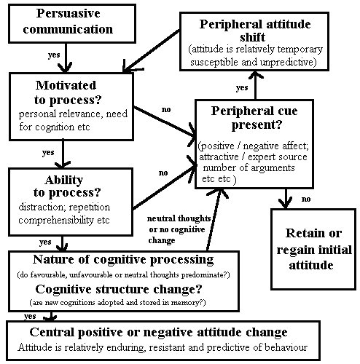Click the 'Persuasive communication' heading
[x=68, y=21]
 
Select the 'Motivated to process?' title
[x=67, y=92]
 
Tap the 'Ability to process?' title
[x=66, y=186]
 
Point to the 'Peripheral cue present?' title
[x=254, y=118]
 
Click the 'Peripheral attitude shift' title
[x=254, y=31]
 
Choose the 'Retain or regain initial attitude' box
[x=313, y=249]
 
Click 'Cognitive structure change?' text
[x=119, y=289]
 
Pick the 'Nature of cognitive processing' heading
[x=123, y=260]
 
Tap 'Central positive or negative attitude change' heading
[x=158, y=332]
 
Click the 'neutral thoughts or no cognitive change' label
[x=179, y=229]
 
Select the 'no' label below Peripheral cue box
[x=306, y=199]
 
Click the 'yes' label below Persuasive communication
[x=54, y=55]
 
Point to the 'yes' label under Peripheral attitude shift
[x=242, y=87]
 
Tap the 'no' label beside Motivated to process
[x=166, y=109]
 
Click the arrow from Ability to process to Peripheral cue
[x=165, y=187]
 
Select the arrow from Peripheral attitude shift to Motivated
[x=151, y=51]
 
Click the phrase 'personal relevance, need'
[x=73, y=114]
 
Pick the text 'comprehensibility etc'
[x=64, y=220]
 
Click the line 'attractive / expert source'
[x=253, y=157]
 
